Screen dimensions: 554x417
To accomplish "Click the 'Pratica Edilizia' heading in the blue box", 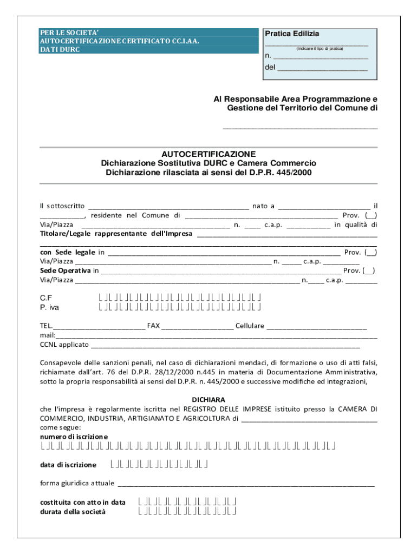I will (x=292, y=34).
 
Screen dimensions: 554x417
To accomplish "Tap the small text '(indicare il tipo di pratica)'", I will (x=320, y=49).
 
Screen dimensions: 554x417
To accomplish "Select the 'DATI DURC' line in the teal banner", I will (x=60, y=49).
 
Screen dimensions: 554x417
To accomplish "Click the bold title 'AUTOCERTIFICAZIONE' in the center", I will (x=208, y=154).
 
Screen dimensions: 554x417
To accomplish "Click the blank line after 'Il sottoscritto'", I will (x=168, y=206).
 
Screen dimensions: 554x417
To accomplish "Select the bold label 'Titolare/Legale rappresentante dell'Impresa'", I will (x=116, y=234).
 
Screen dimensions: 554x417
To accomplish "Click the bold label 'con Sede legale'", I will (x=68, y=252).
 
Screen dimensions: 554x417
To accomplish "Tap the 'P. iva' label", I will (x=50, y=307).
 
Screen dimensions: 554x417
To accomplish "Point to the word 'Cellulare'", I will (x=250, y=326).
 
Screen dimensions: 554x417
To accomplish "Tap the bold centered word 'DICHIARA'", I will (x=208, y=399).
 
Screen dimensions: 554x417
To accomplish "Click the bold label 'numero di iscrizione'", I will (x=74, y=436).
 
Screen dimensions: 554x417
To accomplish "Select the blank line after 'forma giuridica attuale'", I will (x=246, y=483).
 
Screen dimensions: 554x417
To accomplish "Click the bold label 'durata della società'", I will (x=73, y=511).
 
